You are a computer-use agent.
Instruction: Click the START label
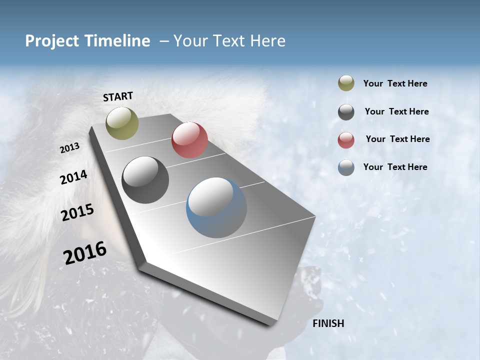tap(118, 96)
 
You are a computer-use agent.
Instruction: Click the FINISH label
tap(328, 323)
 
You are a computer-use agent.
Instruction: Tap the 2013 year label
tap(69, 148)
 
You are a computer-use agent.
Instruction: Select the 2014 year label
tap(73, 177)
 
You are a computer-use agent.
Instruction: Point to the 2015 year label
tap(77, 212)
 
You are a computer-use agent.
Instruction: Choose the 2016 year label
tap(85, 252)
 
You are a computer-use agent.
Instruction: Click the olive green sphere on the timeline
tap(122, 123)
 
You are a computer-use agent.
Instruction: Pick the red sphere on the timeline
tap(189, 140)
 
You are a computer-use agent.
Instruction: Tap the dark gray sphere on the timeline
tap(145, 180)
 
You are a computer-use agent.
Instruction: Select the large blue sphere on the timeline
tap(216, 207)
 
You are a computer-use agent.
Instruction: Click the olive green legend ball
tap(346, 83)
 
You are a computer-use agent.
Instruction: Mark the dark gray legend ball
tap(346, 112)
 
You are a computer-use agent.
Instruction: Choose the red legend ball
tap(346, 140)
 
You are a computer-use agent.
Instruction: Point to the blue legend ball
tap(346, 167)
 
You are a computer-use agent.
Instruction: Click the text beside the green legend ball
tap(395, 83)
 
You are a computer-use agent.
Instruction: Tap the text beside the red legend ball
tap(397, 139)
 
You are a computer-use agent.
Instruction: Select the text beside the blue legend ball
tap(395, 167)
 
